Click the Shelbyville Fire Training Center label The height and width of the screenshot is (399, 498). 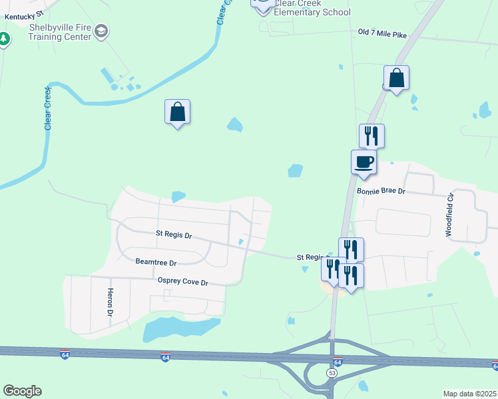60,32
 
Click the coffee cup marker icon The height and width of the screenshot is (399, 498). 364,162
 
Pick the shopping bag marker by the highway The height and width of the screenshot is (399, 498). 397,78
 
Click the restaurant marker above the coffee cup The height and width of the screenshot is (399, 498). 372,136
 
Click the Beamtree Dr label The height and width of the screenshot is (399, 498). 156,263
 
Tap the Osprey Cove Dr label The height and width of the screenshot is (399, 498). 183,282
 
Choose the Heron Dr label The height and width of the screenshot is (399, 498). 111,303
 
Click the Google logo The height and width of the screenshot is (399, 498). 22,391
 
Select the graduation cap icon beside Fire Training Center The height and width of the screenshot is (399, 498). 101,31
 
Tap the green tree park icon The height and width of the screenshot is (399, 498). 4,39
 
